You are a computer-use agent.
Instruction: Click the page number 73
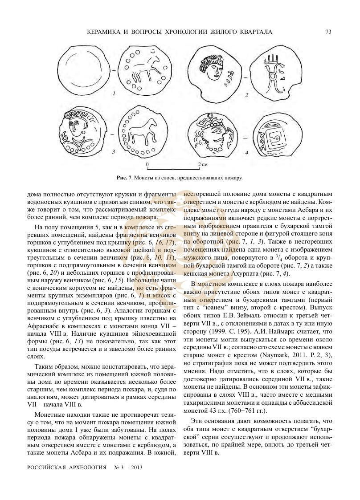click(328, 32)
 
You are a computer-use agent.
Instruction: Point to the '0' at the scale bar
click(147, 164)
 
